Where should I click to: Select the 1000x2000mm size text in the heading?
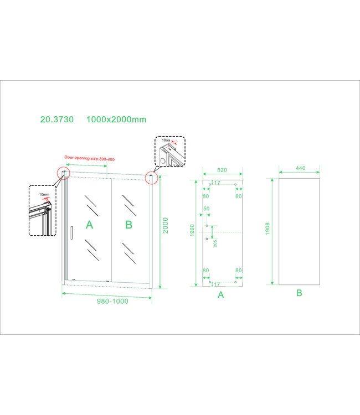coord(117,120)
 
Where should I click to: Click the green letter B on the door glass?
coord(129,225)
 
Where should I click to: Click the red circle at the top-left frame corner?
coord(64,174)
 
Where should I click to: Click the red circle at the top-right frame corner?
coord(151,177)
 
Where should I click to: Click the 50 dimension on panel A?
coord(206,208)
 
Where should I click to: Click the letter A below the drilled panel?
coord(220,295)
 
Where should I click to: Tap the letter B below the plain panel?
coord(299,293)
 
